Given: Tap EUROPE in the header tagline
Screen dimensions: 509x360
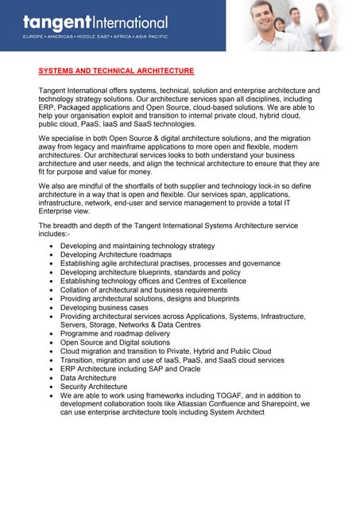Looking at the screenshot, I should click(35, 37).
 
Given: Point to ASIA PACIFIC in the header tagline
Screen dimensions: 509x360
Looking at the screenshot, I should click(149, 37).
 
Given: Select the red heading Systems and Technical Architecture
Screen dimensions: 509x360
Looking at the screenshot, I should click(116, 71).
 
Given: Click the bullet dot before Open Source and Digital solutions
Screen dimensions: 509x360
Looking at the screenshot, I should click(52, 343).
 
